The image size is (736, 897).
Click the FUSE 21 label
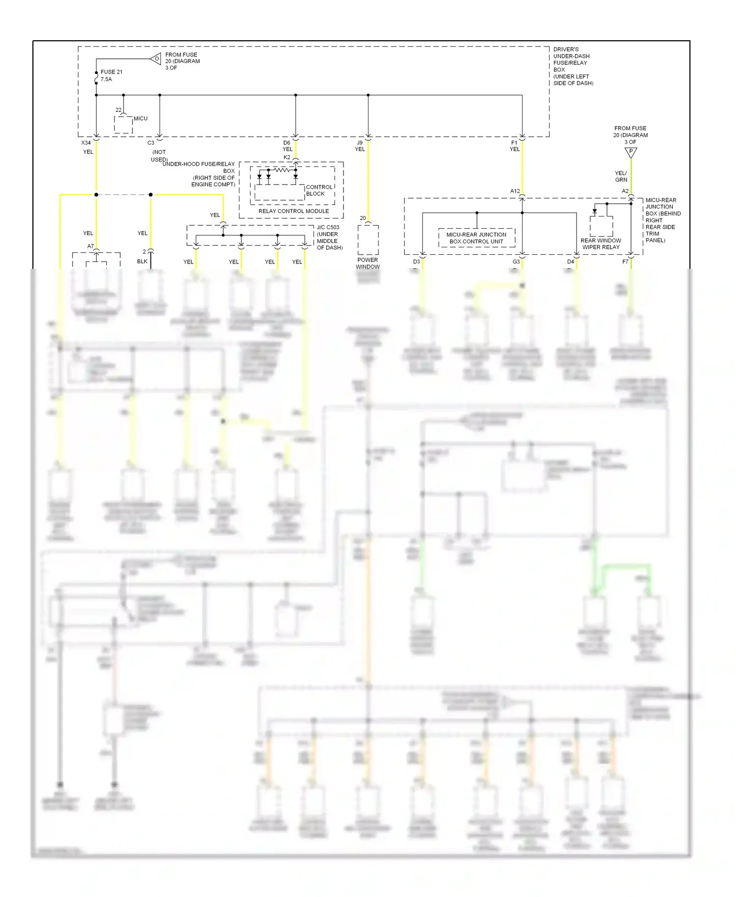point(111,72)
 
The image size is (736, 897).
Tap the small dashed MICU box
point(124,125)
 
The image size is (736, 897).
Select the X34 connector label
point(86,143)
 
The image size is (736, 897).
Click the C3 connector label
point(151,143)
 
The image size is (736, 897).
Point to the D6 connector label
point(287,143)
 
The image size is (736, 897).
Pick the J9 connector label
point(360,143)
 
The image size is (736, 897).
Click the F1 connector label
point(514,143)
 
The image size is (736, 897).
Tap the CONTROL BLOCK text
point(319,190)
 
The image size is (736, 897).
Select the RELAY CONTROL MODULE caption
point(293,211)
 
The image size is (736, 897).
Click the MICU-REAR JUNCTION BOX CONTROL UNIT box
point(476,238)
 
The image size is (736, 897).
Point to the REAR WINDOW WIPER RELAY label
point(601,244)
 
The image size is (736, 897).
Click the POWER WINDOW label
point(368,264)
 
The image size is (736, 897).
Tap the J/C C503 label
point(328,227)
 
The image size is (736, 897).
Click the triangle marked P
point(631,153)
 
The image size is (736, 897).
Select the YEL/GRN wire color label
point(621,176)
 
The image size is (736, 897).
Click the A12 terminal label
point(515,191)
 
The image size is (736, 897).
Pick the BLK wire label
point(142,262)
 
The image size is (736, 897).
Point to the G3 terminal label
point(516,262)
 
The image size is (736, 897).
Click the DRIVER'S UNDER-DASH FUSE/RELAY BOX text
point(572,66)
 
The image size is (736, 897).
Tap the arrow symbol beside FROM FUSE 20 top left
point(156,59)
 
